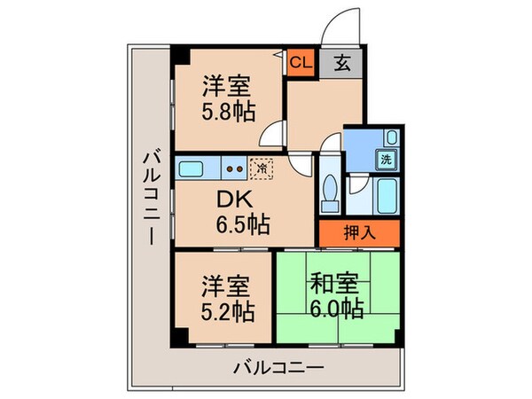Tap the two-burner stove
click(x=234, y=166)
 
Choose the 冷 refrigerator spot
click(x=262, y=166)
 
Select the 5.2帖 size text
click(x=228, y=311)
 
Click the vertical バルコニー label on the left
click(x=150, y=199)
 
